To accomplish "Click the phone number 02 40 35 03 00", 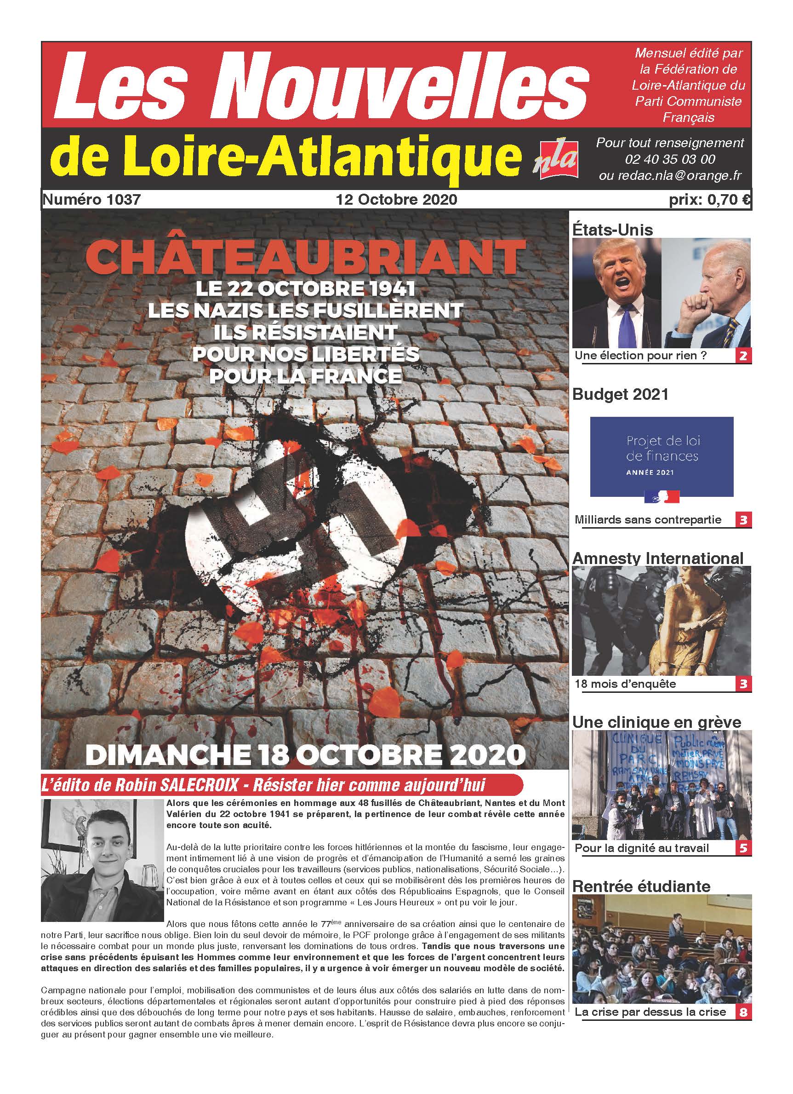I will click(670, 159).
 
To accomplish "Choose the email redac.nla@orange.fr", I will click(670, 176).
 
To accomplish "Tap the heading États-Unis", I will click(612, 230).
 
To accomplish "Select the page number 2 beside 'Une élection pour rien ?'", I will click(743, 357).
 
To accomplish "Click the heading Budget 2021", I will click(621, 394).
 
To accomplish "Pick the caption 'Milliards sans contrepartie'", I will click(647, 520).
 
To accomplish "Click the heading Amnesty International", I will click(657, 558).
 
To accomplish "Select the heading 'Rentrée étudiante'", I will click(641, 886).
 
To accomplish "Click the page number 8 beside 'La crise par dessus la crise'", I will click(743, 1012).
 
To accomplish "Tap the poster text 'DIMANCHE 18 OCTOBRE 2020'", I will click(305, 755).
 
